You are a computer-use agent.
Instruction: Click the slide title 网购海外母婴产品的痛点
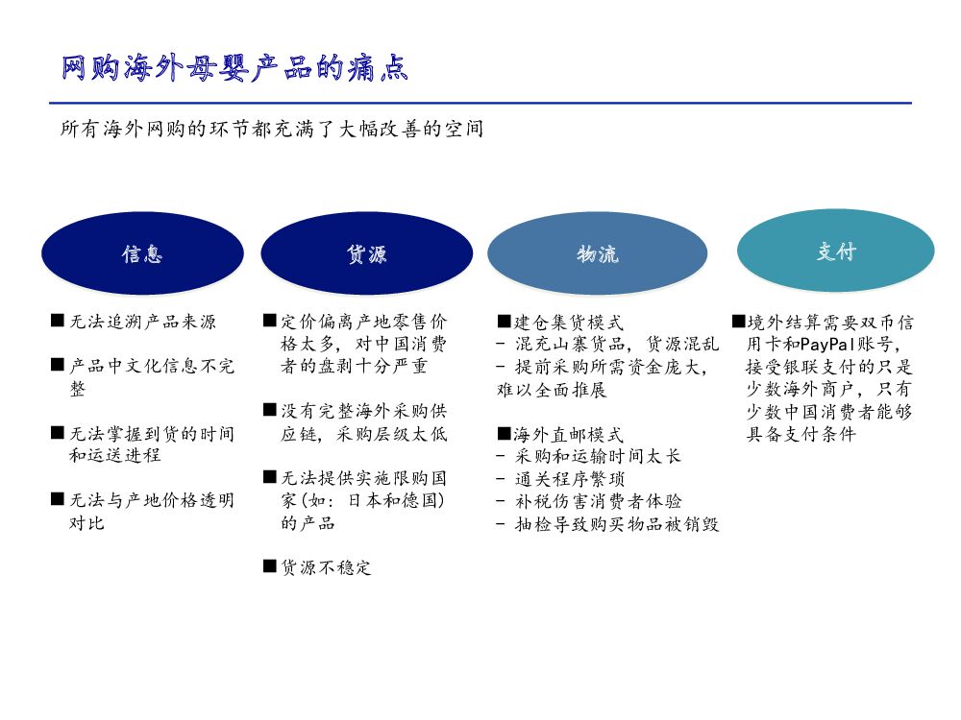pyautogui.click(x=234, y=68)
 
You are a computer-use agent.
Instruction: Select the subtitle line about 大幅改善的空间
pyautogui.click(x=271, y=129)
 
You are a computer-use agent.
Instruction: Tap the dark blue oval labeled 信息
pyautogui.click(x=141, y=253)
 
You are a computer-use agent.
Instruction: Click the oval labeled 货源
pyautogui.click(x=366, y=253)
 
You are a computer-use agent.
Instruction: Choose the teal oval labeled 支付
pyautogui.click(x=835, y=252)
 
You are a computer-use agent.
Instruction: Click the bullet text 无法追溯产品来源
pyautogui.click(x=142, y=322)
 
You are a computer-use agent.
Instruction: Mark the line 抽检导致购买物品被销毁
pyautogui.click(x=617, y=523)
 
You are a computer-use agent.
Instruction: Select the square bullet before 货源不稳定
pyautogui.click(x=269, y=566)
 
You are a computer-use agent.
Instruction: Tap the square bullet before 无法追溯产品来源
pyautogui.click(x=58, y=322)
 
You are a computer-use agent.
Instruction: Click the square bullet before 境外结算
pyautogui.click(x=738, y=322)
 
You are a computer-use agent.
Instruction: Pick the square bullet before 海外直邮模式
pyautogui.click(x=504, y=434)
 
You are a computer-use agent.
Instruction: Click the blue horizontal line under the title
pyautogui.click(x=480, y=103)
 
